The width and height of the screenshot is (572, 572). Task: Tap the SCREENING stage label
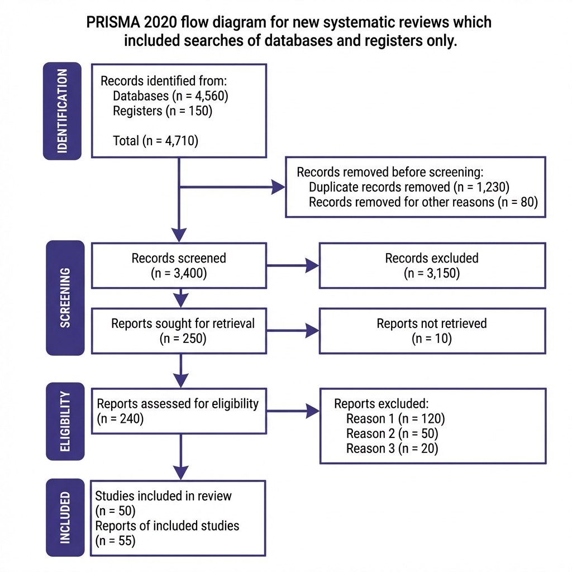(65, 298)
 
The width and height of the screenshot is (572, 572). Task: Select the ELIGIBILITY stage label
(65, 421)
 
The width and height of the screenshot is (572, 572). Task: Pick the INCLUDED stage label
(65, 517)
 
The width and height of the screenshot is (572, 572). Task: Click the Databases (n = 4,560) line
(170, 96)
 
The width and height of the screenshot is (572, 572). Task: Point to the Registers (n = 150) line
(163, 111)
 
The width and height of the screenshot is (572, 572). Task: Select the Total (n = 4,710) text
(155, 141)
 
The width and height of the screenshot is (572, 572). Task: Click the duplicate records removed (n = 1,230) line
(409, 187)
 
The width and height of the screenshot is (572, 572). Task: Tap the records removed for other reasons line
(423, 202)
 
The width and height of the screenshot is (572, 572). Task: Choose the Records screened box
(179, 265)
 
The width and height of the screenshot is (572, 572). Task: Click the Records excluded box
(432, 265)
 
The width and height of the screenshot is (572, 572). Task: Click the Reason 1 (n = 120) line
(395, 419)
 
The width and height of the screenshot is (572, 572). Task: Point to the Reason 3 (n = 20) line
(392, 448)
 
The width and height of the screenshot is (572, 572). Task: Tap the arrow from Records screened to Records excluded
(292, 266)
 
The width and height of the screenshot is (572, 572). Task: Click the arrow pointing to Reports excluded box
(292, 412)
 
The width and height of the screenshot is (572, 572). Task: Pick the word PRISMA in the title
(112, 22)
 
